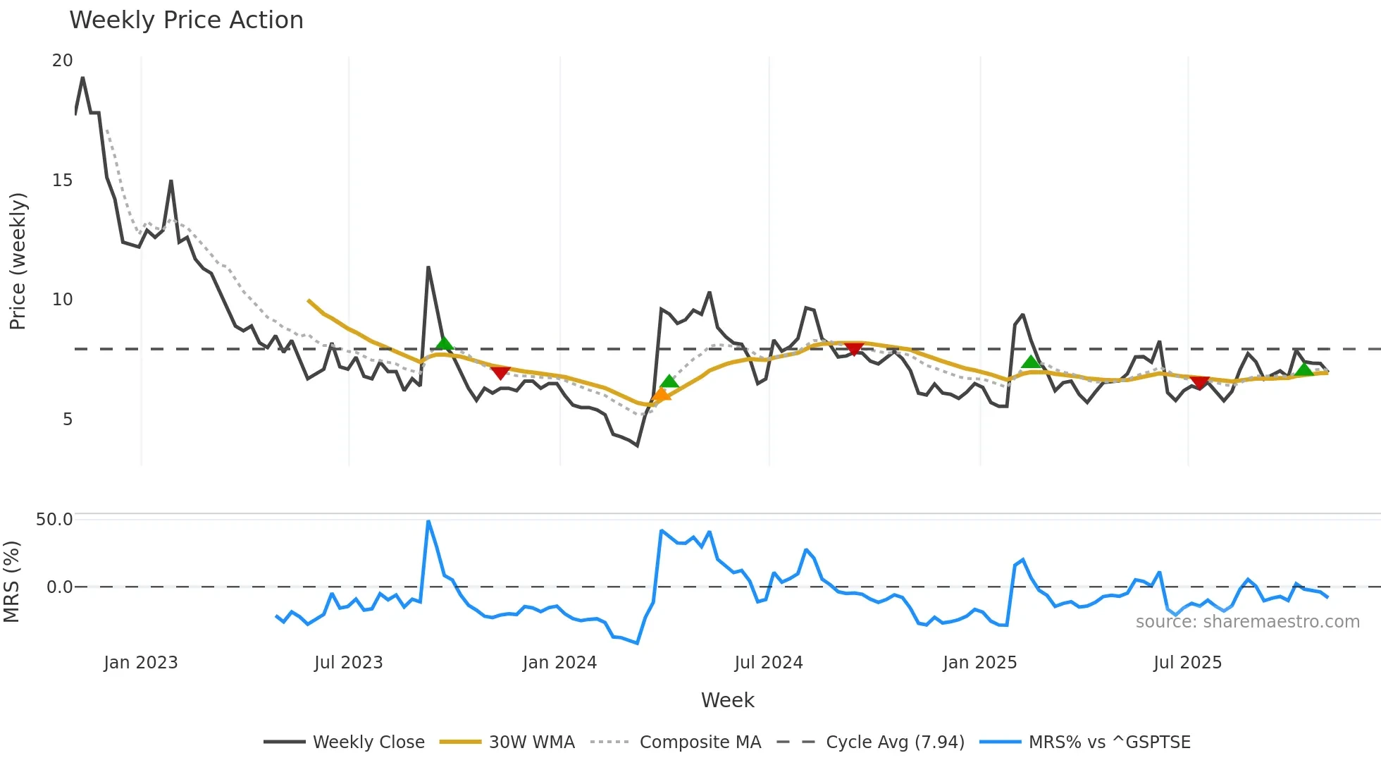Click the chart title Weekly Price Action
point(186,20)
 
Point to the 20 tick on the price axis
point(62,61)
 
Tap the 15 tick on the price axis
point(62,181)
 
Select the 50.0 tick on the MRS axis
point(54,520)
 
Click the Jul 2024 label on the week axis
point(768,663)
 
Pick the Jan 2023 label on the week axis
point(140,663)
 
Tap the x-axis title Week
point(727,700)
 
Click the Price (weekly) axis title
point(18,261)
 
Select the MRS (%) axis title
point(11,582)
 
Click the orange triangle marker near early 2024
point(661,395)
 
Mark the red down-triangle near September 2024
point(854,349)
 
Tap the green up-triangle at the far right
point(1304,369)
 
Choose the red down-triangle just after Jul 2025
point(1199,383)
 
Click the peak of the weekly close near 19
point(83,78)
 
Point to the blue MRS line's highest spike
point(428,522)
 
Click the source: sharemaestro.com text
point(1247,622)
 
